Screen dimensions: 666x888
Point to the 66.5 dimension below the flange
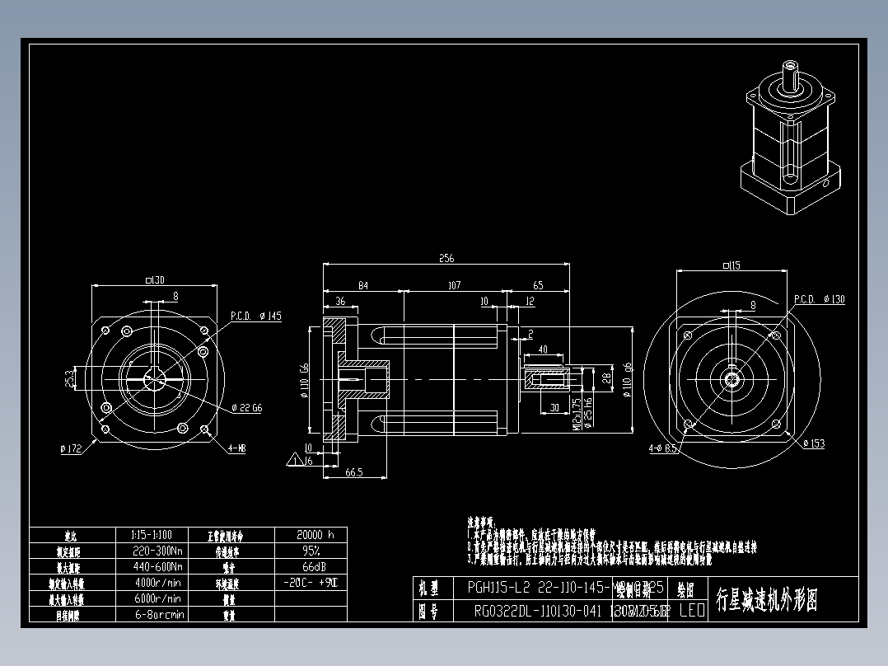(x=354, y=472)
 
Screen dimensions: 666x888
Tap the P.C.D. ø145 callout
(x=255, y=316)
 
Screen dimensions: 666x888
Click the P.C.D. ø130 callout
(x=819, y=299)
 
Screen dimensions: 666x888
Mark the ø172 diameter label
(x=72, y=448)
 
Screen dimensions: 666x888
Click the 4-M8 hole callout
(x=236, y=448)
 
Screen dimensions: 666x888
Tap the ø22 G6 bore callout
(x=246, y=407)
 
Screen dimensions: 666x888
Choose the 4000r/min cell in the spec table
(x=157, y=583)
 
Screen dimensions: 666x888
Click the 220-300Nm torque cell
(x=157, y=551)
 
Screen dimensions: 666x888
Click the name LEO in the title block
(x=691, y=612)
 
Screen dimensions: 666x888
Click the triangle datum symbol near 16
(x=295, y=460)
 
